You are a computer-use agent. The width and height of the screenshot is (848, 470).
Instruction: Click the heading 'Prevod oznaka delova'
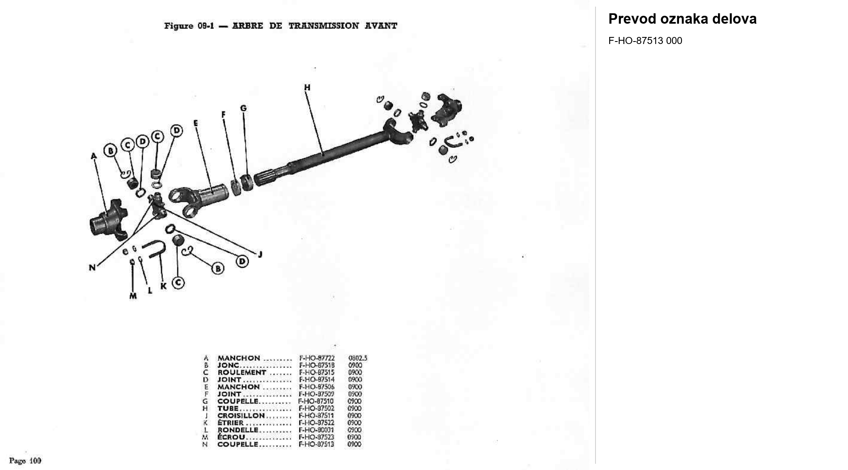(x=682, y=19)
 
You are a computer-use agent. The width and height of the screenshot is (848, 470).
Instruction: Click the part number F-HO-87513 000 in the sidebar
(x=645, y=41)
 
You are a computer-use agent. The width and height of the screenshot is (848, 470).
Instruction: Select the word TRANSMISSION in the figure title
(x=324, y=26)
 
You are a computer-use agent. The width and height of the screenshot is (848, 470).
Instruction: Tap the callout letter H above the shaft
(x=307, y=87)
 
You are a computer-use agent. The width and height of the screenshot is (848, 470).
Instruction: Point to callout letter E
(x=196, y=123)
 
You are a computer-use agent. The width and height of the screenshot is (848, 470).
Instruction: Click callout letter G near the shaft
(x=243, y=108)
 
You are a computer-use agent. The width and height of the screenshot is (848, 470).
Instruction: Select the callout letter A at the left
(x=93, y=156)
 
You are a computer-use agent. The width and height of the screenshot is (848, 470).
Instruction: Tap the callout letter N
(x=92, y=268)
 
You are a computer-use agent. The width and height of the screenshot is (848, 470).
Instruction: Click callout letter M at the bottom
(x=133, y=296)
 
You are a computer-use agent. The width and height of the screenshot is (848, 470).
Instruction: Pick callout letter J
(x=260, y=254)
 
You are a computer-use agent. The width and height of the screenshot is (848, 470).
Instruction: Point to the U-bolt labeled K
(x=154, y=249)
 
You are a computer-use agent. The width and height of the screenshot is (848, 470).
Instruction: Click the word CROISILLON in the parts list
(x=241, y=416)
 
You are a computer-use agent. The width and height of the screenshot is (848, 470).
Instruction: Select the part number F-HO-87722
(x=317, y=358)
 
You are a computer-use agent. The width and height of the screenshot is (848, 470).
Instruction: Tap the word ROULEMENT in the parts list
(x=242, y=372)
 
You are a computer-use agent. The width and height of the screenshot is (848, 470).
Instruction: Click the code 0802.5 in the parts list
(x=358, y=358)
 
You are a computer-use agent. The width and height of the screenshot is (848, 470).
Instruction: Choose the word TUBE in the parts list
(x=228, y=409)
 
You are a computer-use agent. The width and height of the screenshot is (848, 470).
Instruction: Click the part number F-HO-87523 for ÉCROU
(x=316, y=437)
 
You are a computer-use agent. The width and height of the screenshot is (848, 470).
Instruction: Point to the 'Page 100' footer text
(x=25, y=460)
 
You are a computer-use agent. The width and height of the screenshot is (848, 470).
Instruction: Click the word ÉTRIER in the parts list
(x=230, y=423)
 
